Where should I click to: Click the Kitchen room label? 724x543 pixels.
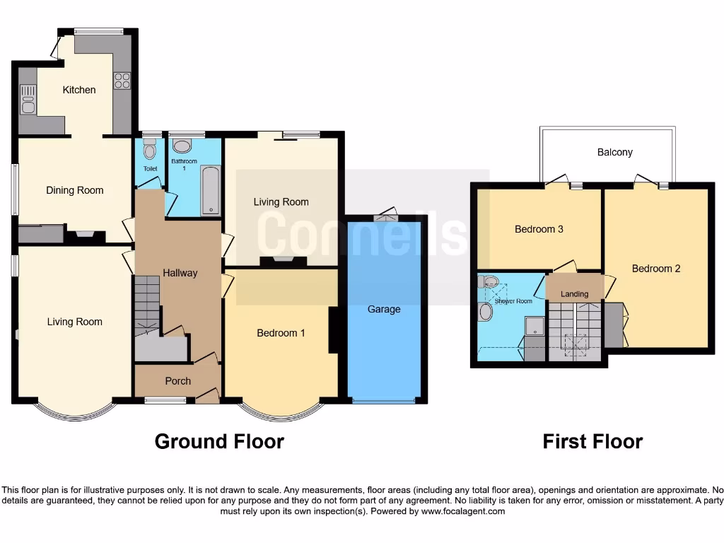[78, 90]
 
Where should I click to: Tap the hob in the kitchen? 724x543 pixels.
[122, 81]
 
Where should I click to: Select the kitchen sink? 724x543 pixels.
[28, 99]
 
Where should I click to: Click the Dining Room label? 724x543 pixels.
[74, 190]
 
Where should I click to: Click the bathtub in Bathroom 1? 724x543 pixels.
[211, 190]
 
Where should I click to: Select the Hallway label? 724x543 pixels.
[180, 273]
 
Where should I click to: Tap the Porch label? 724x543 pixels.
[177, 381]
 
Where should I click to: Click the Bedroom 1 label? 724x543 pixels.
[281, 332]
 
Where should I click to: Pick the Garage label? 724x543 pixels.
[384, 309]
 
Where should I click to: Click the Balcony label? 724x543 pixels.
[614, 152]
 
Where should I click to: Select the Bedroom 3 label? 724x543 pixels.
[539, 229]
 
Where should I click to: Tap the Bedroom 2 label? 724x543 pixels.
[656, 269]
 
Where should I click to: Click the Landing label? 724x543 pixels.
[574, 294]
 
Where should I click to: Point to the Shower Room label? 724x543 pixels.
[513, 301]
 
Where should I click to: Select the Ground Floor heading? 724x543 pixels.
[219, 442]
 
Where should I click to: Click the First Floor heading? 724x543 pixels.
[592, 442]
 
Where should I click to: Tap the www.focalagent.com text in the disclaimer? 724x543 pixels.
[464, 511]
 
